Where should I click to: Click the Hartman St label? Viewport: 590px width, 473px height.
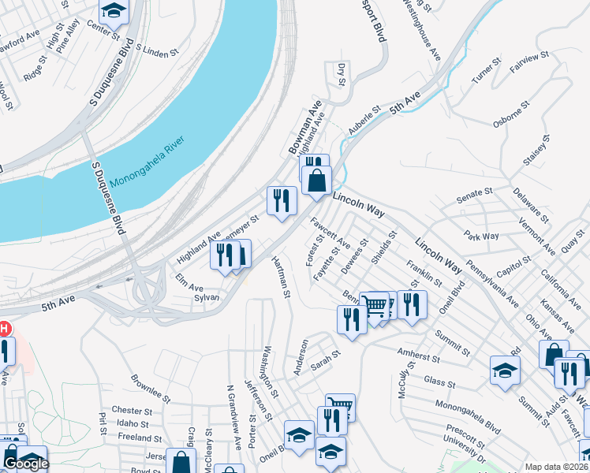pyautogui.click(x=282, y=277)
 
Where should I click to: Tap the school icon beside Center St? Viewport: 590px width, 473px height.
pyautogui.click(x=114, y=10)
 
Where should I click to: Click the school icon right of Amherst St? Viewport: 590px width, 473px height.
pyautogui.click(x=505, y=369)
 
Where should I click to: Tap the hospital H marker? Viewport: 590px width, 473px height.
pyautogui.click(x=4, y=328)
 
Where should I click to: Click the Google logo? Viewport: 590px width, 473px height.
pyautogui.click(x=25, y=464)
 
